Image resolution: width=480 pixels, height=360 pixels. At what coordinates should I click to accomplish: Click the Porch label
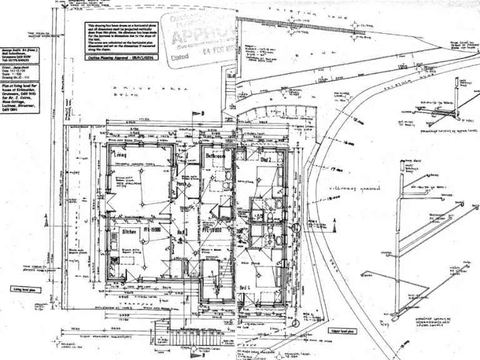181,185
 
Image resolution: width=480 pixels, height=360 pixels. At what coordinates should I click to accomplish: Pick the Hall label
182,232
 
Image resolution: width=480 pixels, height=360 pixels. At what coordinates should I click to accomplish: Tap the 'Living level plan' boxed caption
26,289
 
